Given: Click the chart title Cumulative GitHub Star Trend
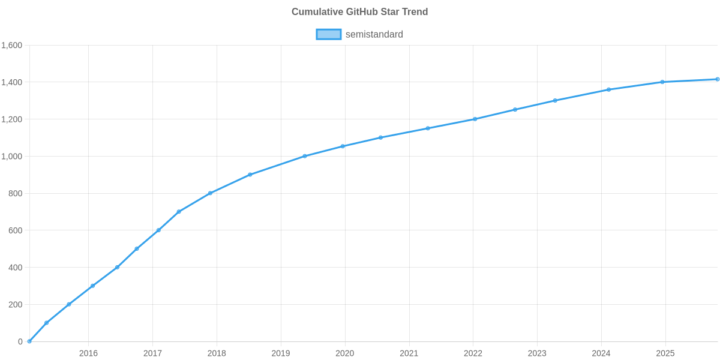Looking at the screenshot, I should (359, 12).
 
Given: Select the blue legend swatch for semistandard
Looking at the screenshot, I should (328, 34).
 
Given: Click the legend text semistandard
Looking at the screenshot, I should (374, 34).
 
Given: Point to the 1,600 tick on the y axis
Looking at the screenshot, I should (12, 46).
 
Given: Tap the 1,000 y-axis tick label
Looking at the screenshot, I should (12, 157).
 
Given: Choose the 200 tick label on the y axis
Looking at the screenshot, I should (16, 305).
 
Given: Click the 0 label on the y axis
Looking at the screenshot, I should (20, 342).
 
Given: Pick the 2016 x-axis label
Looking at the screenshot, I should (88, 353).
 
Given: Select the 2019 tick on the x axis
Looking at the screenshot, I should (281, 353).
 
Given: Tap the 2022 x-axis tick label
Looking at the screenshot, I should (473, 353).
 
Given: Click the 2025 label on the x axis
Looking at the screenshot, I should (665, 353).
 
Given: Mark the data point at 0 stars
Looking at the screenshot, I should (29, 341).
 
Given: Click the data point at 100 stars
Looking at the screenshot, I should (46, 323).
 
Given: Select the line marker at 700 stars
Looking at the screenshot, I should (179, 212).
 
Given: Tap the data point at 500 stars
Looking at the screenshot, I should (136, 249).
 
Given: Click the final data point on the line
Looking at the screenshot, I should (717, 79).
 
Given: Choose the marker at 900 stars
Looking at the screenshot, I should (250, 175).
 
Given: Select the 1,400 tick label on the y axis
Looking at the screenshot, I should (12, 82).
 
